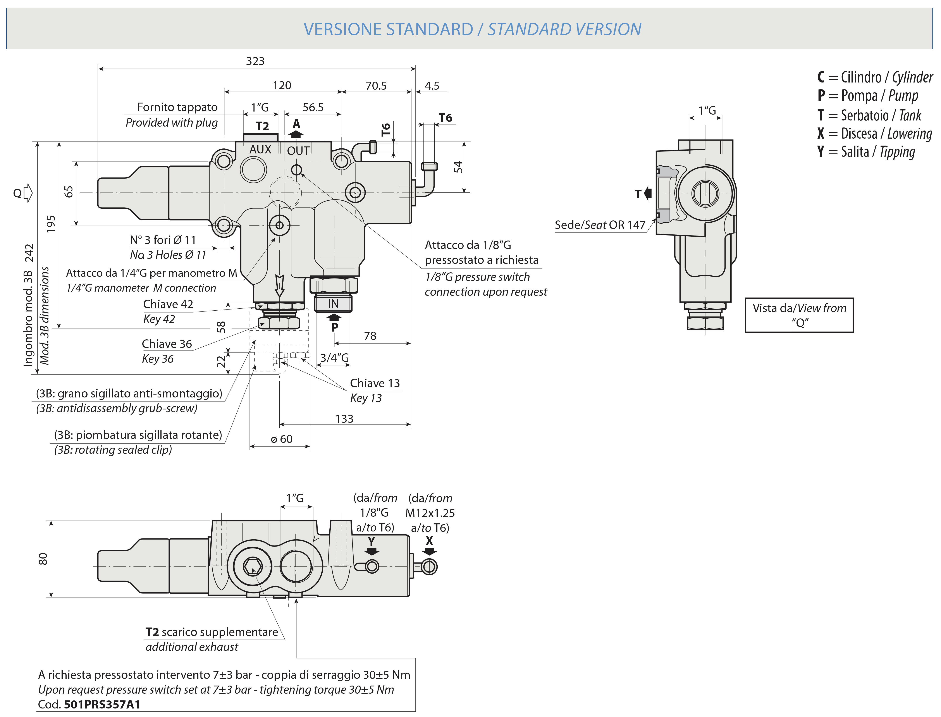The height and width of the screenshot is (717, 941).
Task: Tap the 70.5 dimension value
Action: point(376,86)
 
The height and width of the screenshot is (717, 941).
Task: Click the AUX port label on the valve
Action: point(260,149)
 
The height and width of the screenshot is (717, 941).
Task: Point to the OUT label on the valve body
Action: point(298,151)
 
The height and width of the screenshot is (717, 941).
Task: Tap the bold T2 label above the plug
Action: point(262,126)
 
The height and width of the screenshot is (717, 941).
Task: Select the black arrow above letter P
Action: point(334,317)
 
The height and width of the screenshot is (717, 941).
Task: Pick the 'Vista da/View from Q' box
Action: point(799,315)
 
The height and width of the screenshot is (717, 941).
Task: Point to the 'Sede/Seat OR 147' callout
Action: point(600,225)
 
